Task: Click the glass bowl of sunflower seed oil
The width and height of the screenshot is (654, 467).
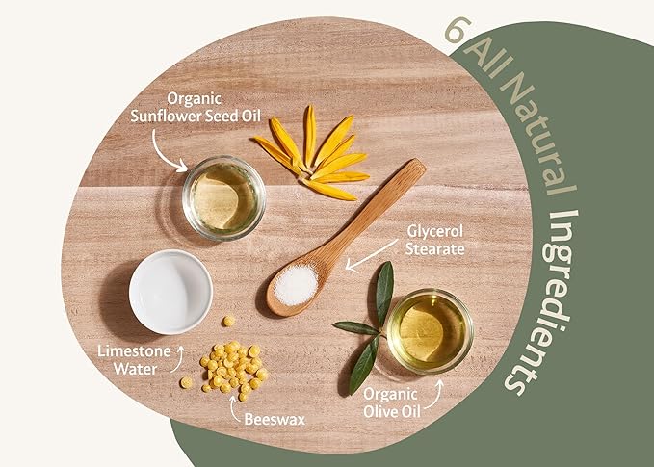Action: click(224, 197)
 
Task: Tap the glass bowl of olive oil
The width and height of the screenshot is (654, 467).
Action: click(430, 330)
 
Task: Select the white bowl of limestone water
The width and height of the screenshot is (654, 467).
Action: click(170, 292)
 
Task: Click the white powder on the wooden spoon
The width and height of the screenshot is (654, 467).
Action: click(296, 285)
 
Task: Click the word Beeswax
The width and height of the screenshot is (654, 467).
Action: click(275, 419)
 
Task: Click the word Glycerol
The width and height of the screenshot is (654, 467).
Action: click(435, 231)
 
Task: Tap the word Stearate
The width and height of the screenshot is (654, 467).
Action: click(435, 249)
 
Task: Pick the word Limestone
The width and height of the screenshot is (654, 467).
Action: click(134, 351)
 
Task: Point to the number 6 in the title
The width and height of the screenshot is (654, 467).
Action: click(458, 30)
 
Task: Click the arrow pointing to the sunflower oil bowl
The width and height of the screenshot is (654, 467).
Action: click(161, 154)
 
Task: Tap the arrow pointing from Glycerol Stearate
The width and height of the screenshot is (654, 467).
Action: click(371, 255)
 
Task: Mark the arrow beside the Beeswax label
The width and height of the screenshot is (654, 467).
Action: click(234, 408)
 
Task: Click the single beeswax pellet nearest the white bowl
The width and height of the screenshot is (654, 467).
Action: click(228, 321)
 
